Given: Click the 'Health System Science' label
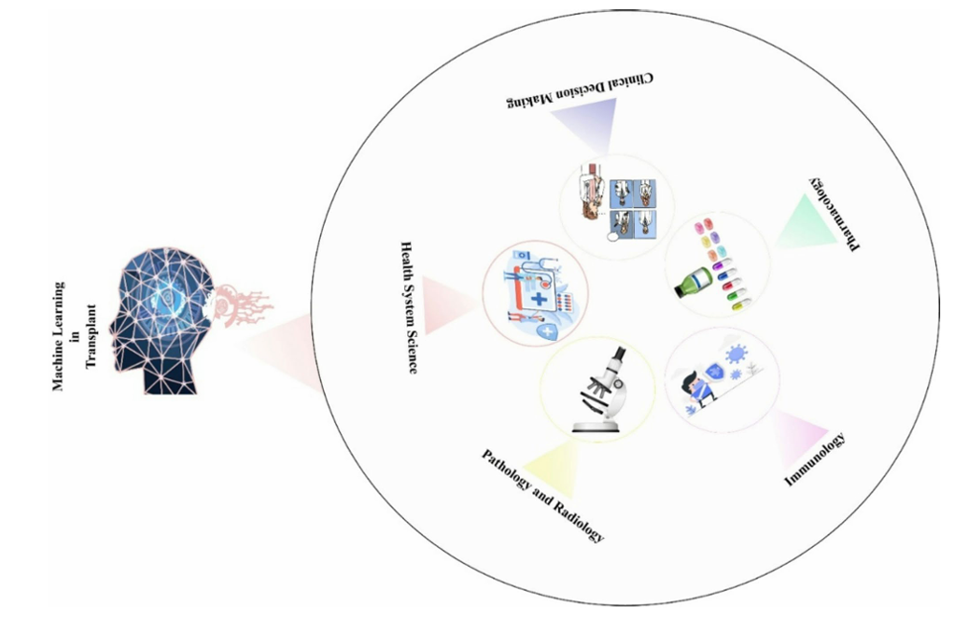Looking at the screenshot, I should (408, 306).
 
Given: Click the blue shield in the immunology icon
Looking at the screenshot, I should (716, 372).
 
